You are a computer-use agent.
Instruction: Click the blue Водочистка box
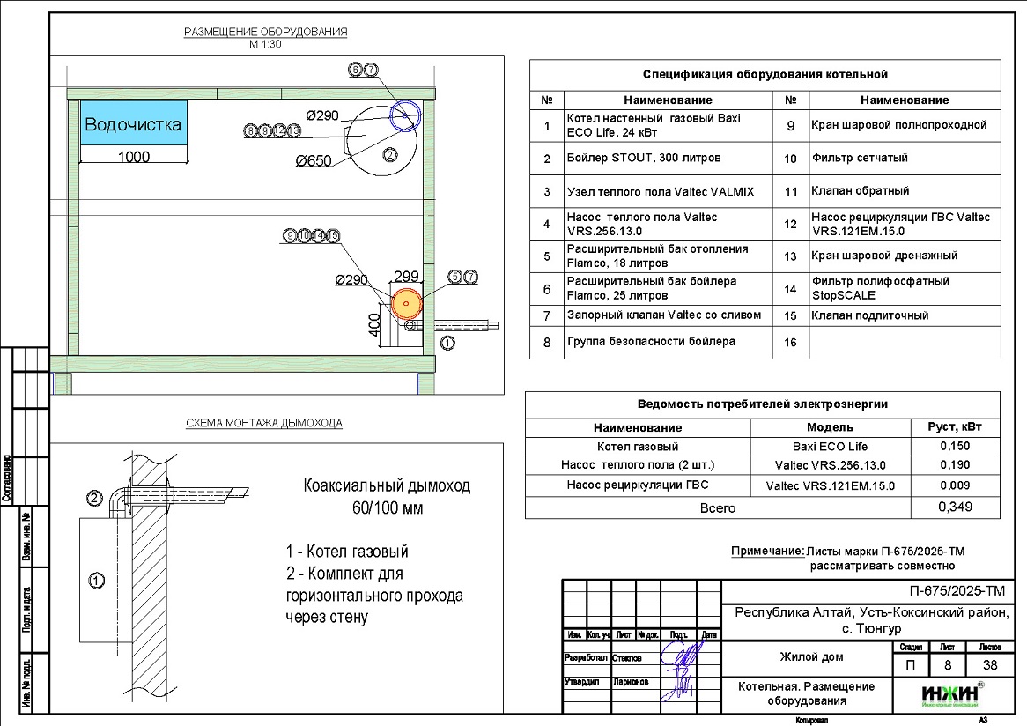(133, 125)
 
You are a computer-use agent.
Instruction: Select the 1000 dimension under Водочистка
(133, 158)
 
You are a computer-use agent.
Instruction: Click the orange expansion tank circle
(406, 303)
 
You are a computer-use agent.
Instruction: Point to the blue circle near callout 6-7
(407, 115)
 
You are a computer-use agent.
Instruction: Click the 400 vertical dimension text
(373, 329)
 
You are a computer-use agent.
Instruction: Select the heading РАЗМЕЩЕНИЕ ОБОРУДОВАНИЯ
(265, 33)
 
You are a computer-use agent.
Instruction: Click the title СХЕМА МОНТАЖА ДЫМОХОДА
(264, 423)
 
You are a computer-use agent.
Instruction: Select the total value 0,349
(955, 507)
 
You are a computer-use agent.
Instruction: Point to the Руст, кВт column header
(955, 427)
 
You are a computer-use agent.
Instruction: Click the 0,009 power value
(955, 485)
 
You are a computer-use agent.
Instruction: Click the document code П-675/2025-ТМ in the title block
(955, 590)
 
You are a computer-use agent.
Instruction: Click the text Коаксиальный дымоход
(387, 485)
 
